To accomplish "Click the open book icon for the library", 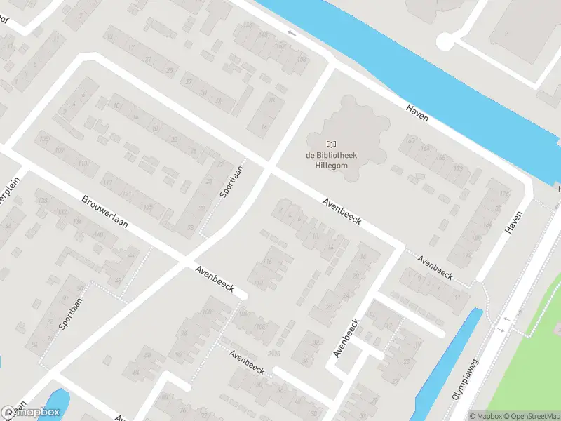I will [332, 144].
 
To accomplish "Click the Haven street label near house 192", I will [514, 223].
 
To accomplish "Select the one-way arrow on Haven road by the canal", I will [292, 33].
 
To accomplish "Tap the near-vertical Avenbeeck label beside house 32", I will [346, 338].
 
